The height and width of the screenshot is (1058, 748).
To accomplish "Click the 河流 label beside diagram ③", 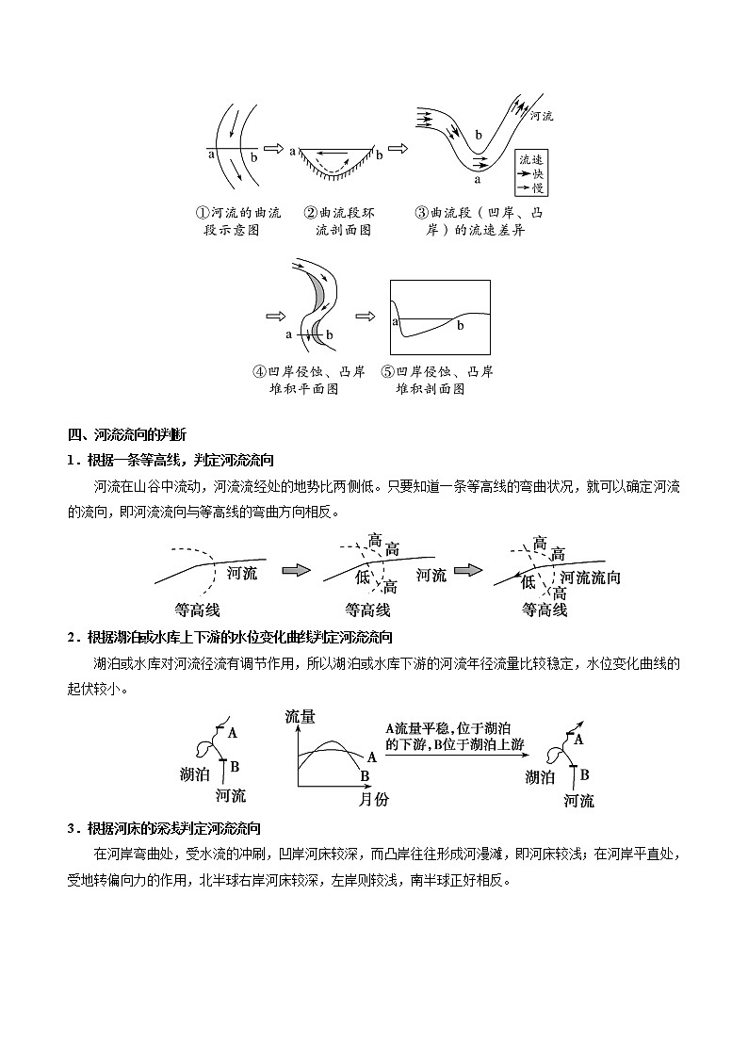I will coord(542,116).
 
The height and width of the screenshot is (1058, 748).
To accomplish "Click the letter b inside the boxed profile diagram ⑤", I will coord(461,325).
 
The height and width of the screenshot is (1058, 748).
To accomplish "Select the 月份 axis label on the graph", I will coord(374,799).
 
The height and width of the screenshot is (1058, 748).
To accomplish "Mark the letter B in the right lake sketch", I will coord(584,774).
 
